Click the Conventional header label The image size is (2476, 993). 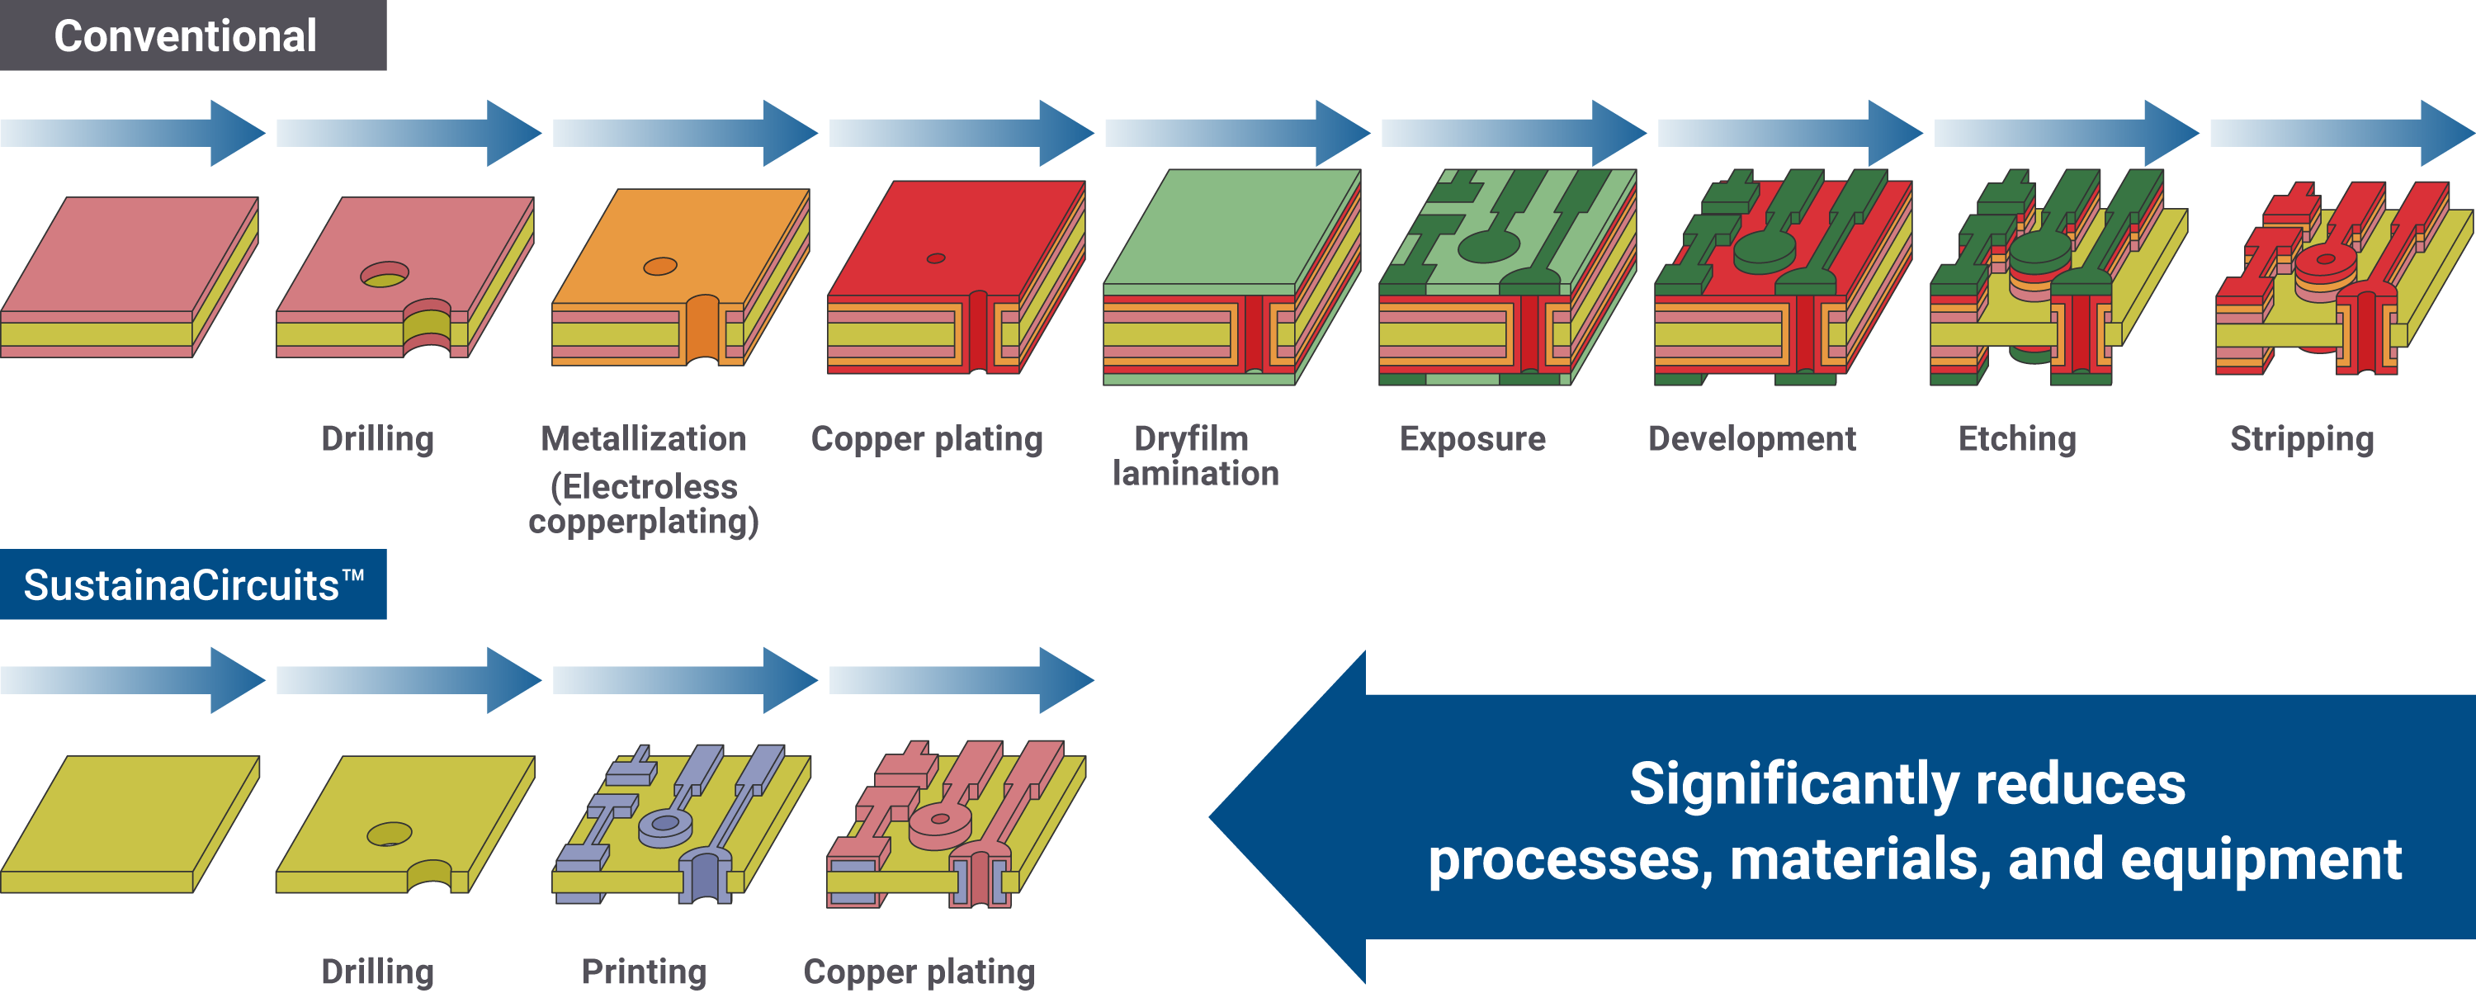coord(186,36)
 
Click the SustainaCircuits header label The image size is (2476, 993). coord(193,584)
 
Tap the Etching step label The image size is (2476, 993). coord(2017,439)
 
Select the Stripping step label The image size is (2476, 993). coord(2302,439)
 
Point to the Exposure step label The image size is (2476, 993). coord(1472,439)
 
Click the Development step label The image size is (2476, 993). coord(1751,439)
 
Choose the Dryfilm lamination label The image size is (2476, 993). coord(1195,456)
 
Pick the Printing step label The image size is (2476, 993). coord(644,972)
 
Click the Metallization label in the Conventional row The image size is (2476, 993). coord(643,439)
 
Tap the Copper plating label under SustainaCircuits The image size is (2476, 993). coord(919,972)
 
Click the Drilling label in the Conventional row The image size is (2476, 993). coord(378,439)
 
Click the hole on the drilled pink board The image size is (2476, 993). coord(385,275)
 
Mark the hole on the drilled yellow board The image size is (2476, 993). coord(390,834)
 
